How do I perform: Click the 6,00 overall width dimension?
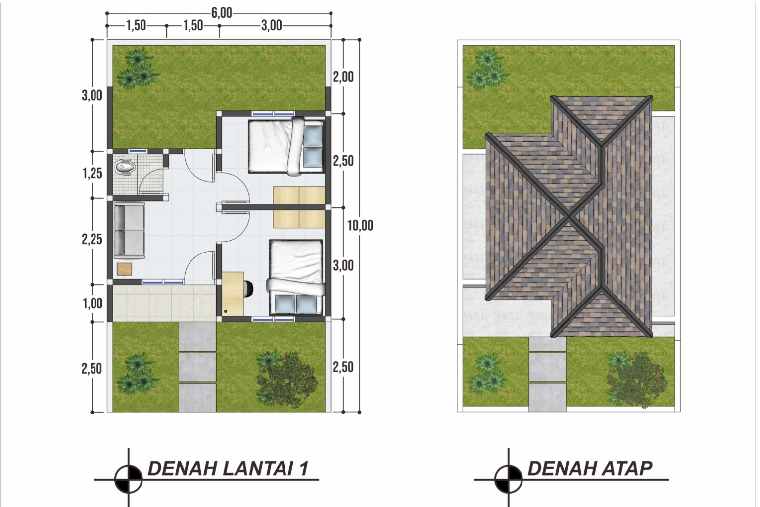tap(222, 13)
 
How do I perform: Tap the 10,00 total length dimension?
tap(360, 225)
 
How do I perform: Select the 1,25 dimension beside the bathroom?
tap(92, 173)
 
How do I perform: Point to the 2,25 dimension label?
tap(92, 240)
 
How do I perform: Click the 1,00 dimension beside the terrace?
tap(93, 303)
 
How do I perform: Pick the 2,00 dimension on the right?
tap(343, 77)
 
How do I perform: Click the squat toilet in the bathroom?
tap(125, 167)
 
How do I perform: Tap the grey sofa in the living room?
tap(129, 230)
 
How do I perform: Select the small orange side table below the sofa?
tap(125, 269)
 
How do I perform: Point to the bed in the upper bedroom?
tap(285, 146)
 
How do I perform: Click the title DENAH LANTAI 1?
tap(228, 468)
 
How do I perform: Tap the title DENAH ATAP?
tap(590, 468)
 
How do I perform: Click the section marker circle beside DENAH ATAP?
tap(508, 479)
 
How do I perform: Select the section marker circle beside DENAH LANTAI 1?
tap(129, 479)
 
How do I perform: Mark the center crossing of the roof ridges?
tap(570, 216)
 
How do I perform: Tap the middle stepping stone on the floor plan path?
tap(197, 367)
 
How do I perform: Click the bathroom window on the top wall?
tap(138, 151)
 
